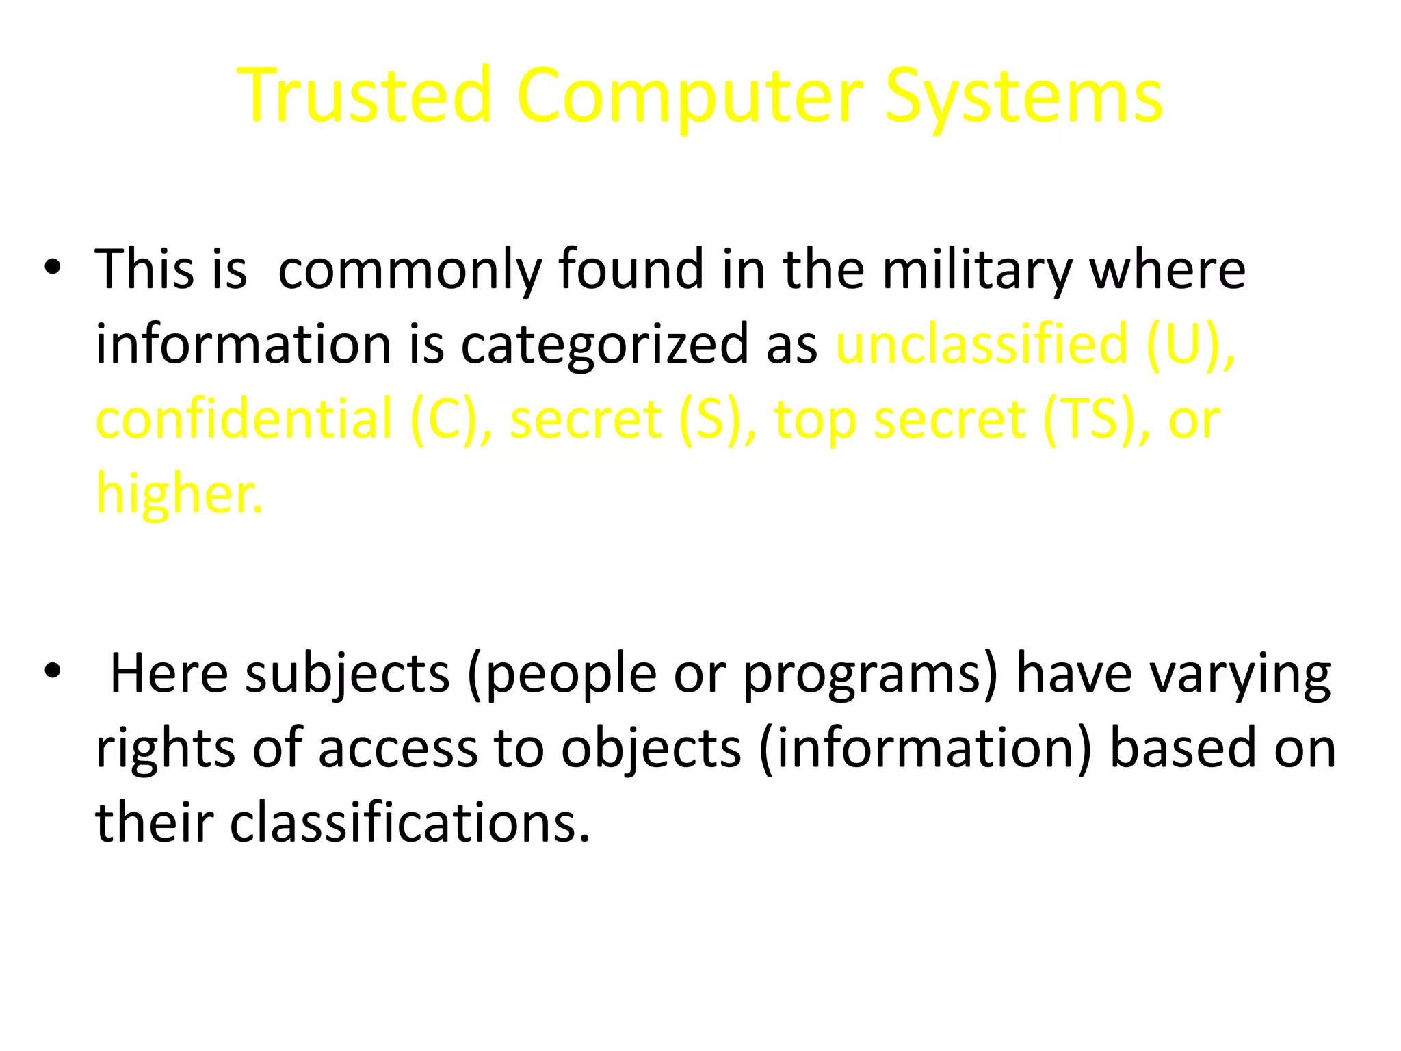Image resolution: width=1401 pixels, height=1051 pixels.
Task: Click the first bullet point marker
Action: coord(52,269)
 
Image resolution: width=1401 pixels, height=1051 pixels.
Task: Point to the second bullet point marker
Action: coord(52,673)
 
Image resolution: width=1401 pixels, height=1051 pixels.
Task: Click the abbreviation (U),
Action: coord(1190,343)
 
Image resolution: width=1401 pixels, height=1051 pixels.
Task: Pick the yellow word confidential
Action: coord(244,418)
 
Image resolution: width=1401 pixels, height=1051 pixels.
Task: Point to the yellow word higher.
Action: coord(179,493)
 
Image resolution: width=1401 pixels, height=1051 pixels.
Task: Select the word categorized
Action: coord(605,344)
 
